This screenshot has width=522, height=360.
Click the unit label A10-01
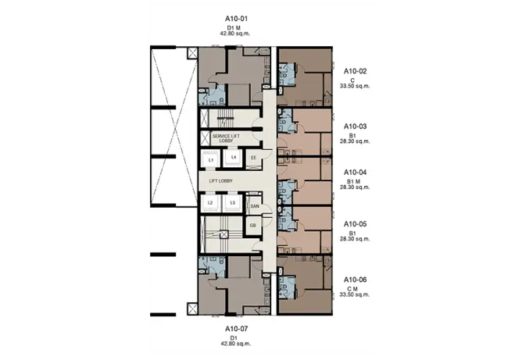236,19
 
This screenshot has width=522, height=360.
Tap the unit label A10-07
236,329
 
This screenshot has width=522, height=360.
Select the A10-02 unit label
356,71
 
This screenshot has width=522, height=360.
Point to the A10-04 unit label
356,172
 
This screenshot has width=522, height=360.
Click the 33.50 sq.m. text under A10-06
355,294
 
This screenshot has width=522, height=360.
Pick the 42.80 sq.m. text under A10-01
235,34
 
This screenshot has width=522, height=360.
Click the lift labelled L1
210,160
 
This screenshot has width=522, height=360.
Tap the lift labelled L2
210,202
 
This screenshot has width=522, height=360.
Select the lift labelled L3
232,202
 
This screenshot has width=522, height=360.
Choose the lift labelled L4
234,158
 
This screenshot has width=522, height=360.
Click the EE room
254,158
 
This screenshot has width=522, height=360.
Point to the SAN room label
255,206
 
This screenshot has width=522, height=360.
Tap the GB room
253,226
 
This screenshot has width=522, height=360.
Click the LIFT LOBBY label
220,181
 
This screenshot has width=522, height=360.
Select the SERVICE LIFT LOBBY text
226,138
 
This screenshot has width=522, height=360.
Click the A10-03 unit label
356,127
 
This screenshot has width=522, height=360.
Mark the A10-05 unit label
356,224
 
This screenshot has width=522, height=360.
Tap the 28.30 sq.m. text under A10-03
355,141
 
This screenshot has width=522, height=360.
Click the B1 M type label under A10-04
353,182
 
